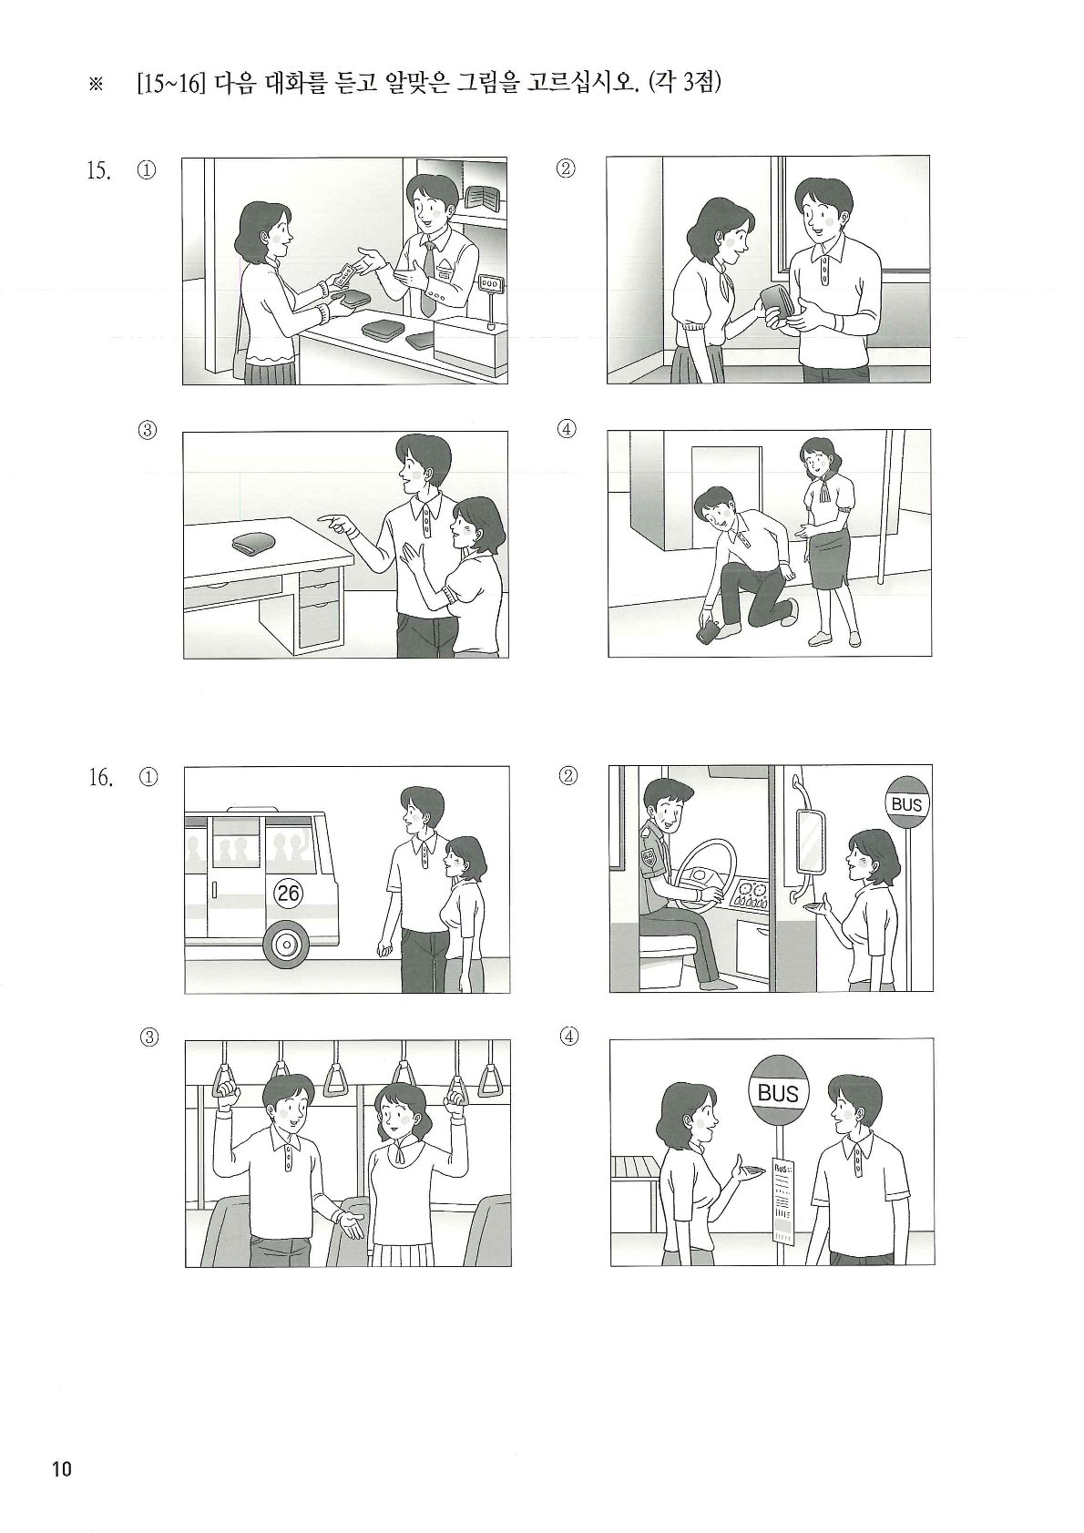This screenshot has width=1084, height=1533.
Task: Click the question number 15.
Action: (x=97, y=170)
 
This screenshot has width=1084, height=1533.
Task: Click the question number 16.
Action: (x=100, y=778)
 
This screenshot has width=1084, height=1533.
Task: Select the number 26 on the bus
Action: (x=288, y=893)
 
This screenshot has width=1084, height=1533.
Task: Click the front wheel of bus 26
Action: (x=286, y=945)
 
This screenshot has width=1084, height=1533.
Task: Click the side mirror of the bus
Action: (x=811, y=840)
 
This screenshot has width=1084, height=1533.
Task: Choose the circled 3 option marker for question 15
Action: (x=148, y=430)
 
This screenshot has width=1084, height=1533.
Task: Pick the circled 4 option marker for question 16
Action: (x=568, y=1037)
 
